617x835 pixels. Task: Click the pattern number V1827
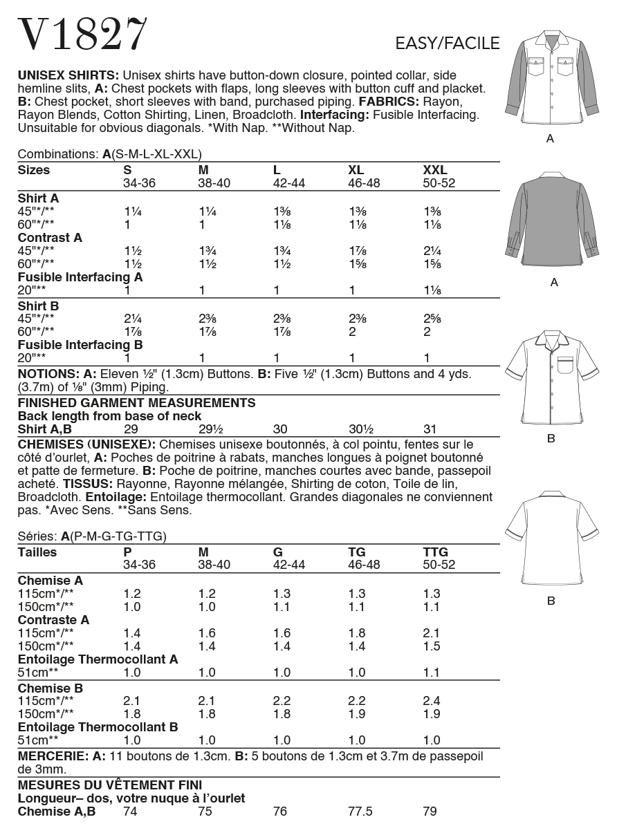click(x=83, y=33)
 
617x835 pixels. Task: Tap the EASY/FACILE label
click(x=447, y=44)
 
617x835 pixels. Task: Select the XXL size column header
click(x=435, y=170)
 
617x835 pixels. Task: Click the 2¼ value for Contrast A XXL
click(x=431, y=251)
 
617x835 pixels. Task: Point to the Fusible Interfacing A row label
click(x=80, y=277)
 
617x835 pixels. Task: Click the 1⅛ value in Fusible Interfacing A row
click(x=431, y=291)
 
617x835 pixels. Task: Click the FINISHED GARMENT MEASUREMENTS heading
click(x=136, y=403)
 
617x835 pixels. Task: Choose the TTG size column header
click(x=435, y=552)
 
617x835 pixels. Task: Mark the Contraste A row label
click(x=53, y=620)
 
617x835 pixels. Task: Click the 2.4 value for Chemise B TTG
click(x=430, y=701)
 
